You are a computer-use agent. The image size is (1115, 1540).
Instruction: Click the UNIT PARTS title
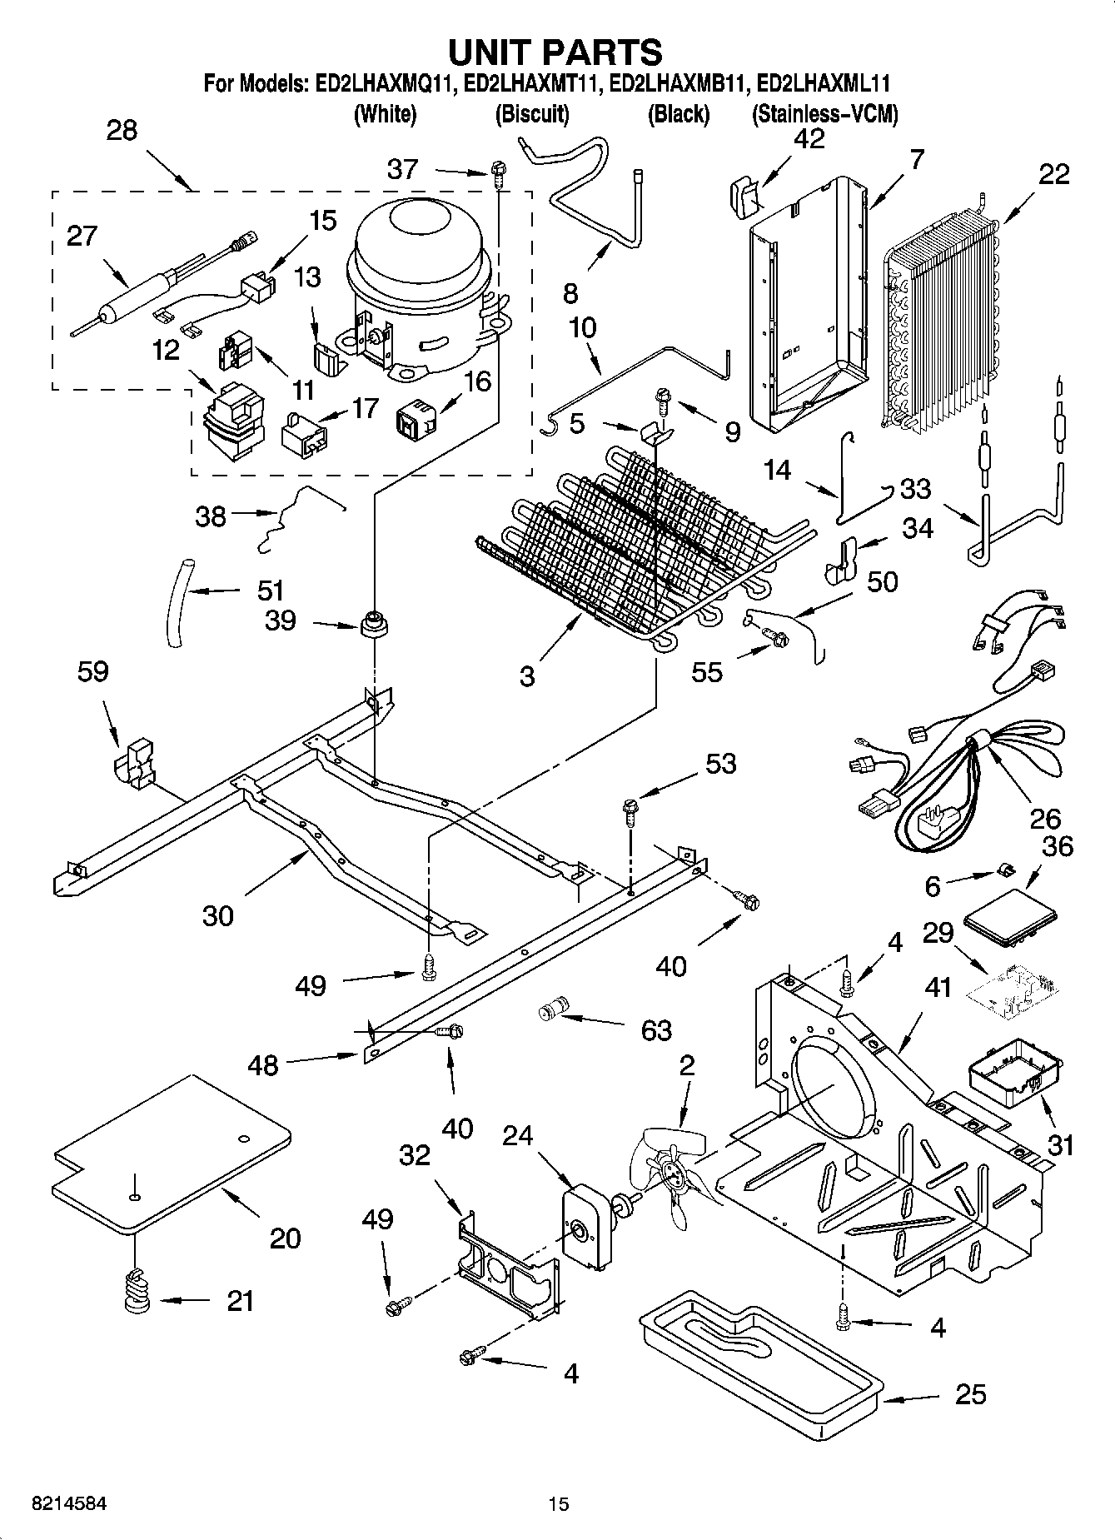(x=555, y=52)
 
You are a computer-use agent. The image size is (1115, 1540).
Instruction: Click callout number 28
(x=122, y=131)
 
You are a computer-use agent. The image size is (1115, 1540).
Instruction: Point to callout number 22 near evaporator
(x=1053, y=174)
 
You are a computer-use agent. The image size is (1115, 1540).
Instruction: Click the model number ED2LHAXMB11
(x=677, y=84)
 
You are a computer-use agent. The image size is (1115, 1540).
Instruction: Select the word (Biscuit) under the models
(x=532, y=114)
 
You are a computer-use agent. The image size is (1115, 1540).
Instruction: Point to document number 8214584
(x=69, y=1504)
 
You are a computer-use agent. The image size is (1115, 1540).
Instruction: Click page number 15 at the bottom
(x=558, y=1504)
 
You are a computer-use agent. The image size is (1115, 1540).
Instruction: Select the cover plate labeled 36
(x=1010, y=917)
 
